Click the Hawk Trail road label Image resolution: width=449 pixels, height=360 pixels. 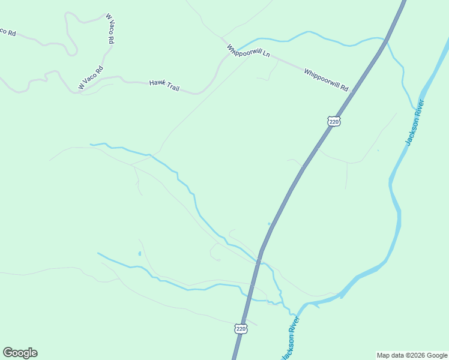click(x=164, y=85)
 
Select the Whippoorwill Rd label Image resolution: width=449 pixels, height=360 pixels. click(x=326, y=80)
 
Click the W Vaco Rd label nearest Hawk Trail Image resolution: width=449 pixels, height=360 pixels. click(x=91, y=78)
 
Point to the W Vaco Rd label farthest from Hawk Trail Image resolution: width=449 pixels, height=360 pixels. click(x=109, y=29)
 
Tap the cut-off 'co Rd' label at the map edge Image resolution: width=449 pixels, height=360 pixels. click(x=7, y=31)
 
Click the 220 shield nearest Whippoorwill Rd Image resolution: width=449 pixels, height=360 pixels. click(x=334, y=121)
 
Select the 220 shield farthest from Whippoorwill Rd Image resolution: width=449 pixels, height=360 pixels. click(x=241, y=329)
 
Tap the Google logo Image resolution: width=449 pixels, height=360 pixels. click(x=20, y=353)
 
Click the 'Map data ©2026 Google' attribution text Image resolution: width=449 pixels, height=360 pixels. click(x=412, y=355)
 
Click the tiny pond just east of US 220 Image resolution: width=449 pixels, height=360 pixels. click(x=270, y=224)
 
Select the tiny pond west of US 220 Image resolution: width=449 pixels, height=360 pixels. click(x=139, y=254)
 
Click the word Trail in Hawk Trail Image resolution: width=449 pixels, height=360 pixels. click(x=172, y=88)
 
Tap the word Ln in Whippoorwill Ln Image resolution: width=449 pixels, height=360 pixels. click(x=265, y=55)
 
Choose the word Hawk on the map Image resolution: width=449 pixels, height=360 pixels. click(x=156, y=83)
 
